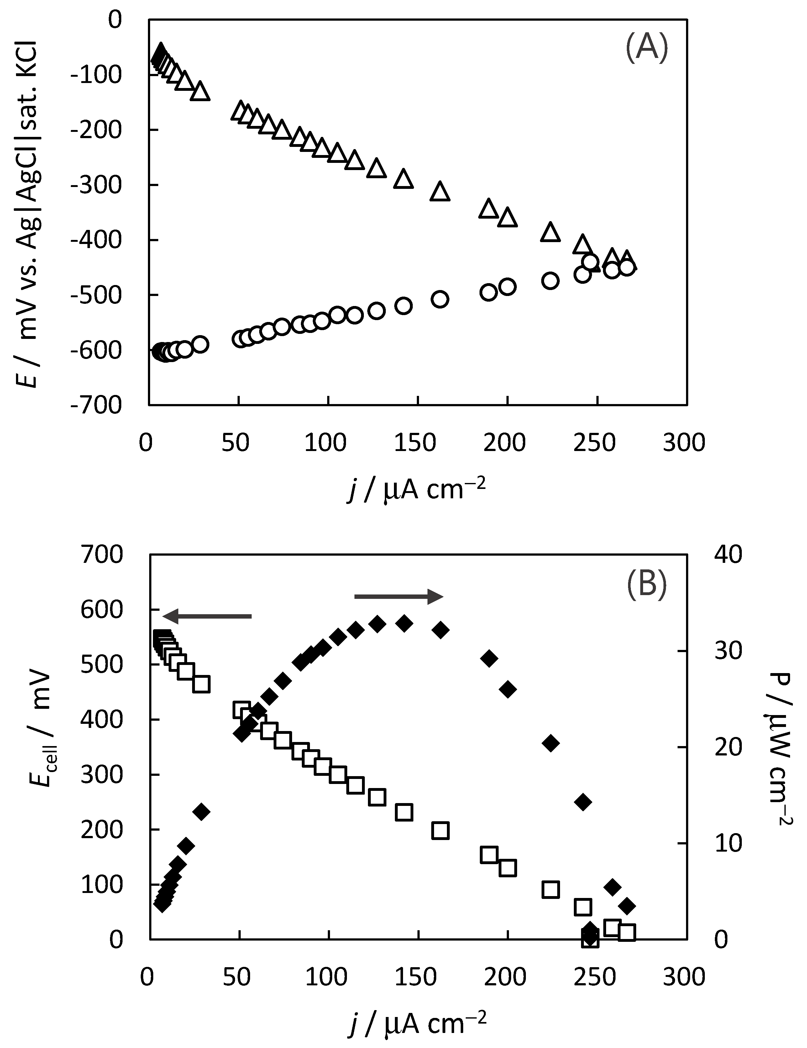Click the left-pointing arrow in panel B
[207, 616]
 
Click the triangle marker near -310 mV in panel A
[440, 191]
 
